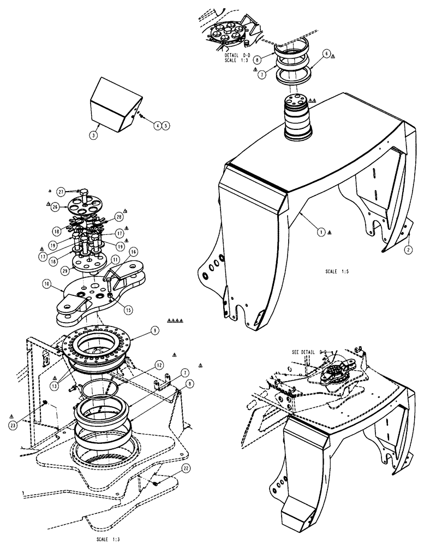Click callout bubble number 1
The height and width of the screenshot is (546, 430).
point(321,232)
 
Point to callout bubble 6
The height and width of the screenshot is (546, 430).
point(326,54)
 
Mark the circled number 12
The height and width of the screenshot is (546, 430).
point(144,364)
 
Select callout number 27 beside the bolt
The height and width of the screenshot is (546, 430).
point(61,191)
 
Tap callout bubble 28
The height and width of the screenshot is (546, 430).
point(119,217)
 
